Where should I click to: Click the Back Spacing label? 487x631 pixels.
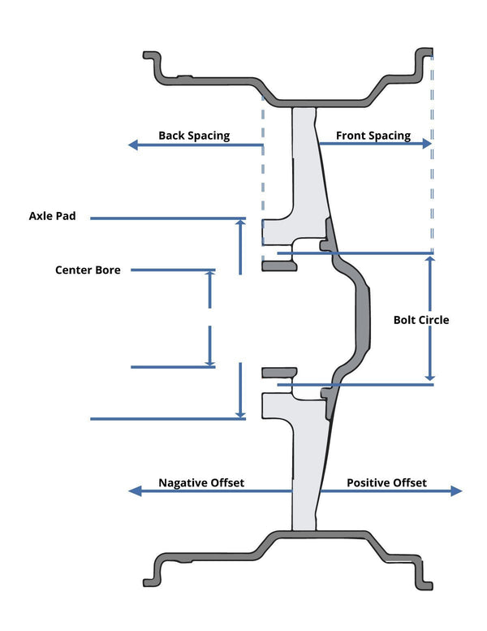194,136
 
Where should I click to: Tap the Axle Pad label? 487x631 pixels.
52,216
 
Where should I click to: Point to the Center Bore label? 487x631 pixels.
88,270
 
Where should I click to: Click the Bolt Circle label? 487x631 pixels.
420,320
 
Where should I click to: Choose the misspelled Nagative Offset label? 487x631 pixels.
201,482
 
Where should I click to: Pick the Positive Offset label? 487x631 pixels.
386,482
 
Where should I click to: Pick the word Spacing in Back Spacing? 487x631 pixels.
209,136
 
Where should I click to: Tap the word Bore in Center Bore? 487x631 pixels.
107,270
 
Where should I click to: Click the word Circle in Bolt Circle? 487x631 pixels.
433,320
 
